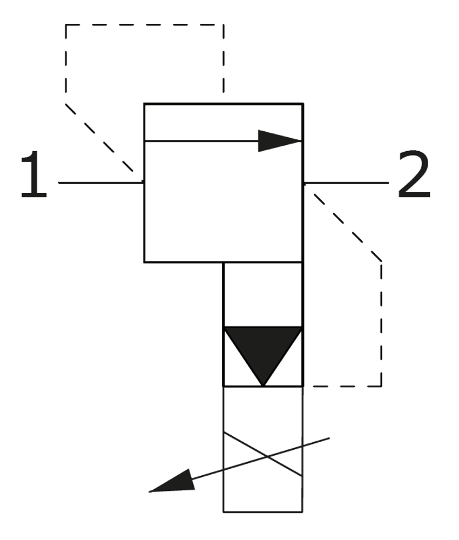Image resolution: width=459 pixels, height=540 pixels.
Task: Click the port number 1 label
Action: click(x=33, y=174)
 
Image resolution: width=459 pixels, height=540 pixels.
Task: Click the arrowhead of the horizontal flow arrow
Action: click(x=280, y=140)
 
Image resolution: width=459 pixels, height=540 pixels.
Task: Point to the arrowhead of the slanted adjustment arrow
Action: click(x=172, y=482)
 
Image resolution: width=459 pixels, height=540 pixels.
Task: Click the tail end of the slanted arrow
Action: click(x=329, y=438)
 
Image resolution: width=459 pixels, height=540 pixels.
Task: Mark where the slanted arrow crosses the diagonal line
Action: click(x=267, y=456)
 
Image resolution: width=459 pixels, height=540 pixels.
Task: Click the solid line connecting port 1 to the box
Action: click(x=101, y=183)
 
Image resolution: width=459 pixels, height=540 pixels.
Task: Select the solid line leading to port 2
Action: click(x=346, y=183)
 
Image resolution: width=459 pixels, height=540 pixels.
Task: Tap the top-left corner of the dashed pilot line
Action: click(x=66, y=25)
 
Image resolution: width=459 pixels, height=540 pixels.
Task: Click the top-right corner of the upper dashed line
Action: click(x=224, y=25)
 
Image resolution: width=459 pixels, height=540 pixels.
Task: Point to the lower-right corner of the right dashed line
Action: click(x=381, y=386)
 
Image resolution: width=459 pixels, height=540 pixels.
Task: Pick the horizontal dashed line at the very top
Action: click(x=145, y=25)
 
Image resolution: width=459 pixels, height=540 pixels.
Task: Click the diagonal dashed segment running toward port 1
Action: click(x=100, y=138)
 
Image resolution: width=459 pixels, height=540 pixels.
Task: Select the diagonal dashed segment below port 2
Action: click(x=347, y=227)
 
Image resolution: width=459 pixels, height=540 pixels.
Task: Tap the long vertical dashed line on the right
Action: click(x=381, y=323)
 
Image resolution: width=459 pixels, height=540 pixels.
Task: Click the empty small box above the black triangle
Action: click(x=263, y=295)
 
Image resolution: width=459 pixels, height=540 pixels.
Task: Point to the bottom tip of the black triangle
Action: click(x=263, y=386)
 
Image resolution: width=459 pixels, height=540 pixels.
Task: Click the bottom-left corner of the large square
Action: click(x=144, y=262)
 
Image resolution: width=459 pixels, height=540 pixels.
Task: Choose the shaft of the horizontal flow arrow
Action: click(x=201, y=140)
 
